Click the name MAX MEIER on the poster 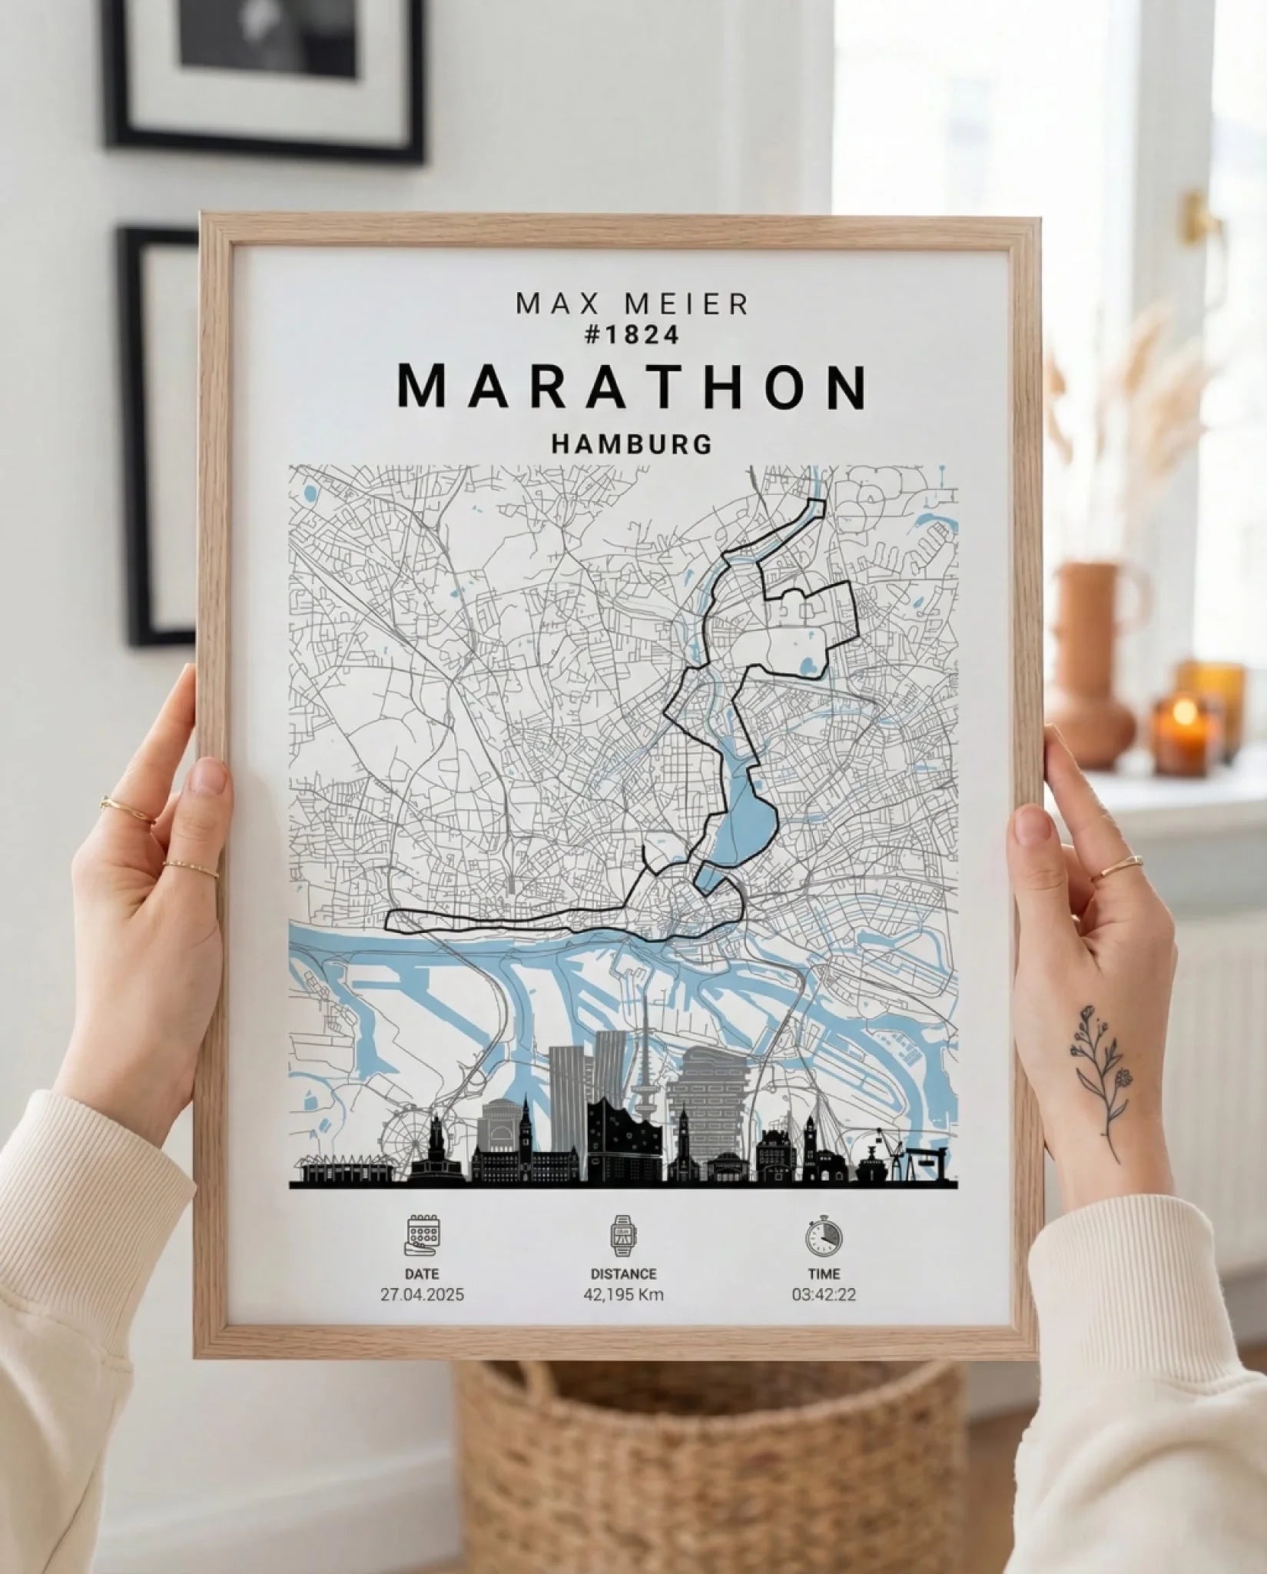click(632, 304)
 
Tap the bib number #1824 click(632, 336)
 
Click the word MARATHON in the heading click(632, 387)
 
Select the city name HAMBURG click(632, 444)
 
